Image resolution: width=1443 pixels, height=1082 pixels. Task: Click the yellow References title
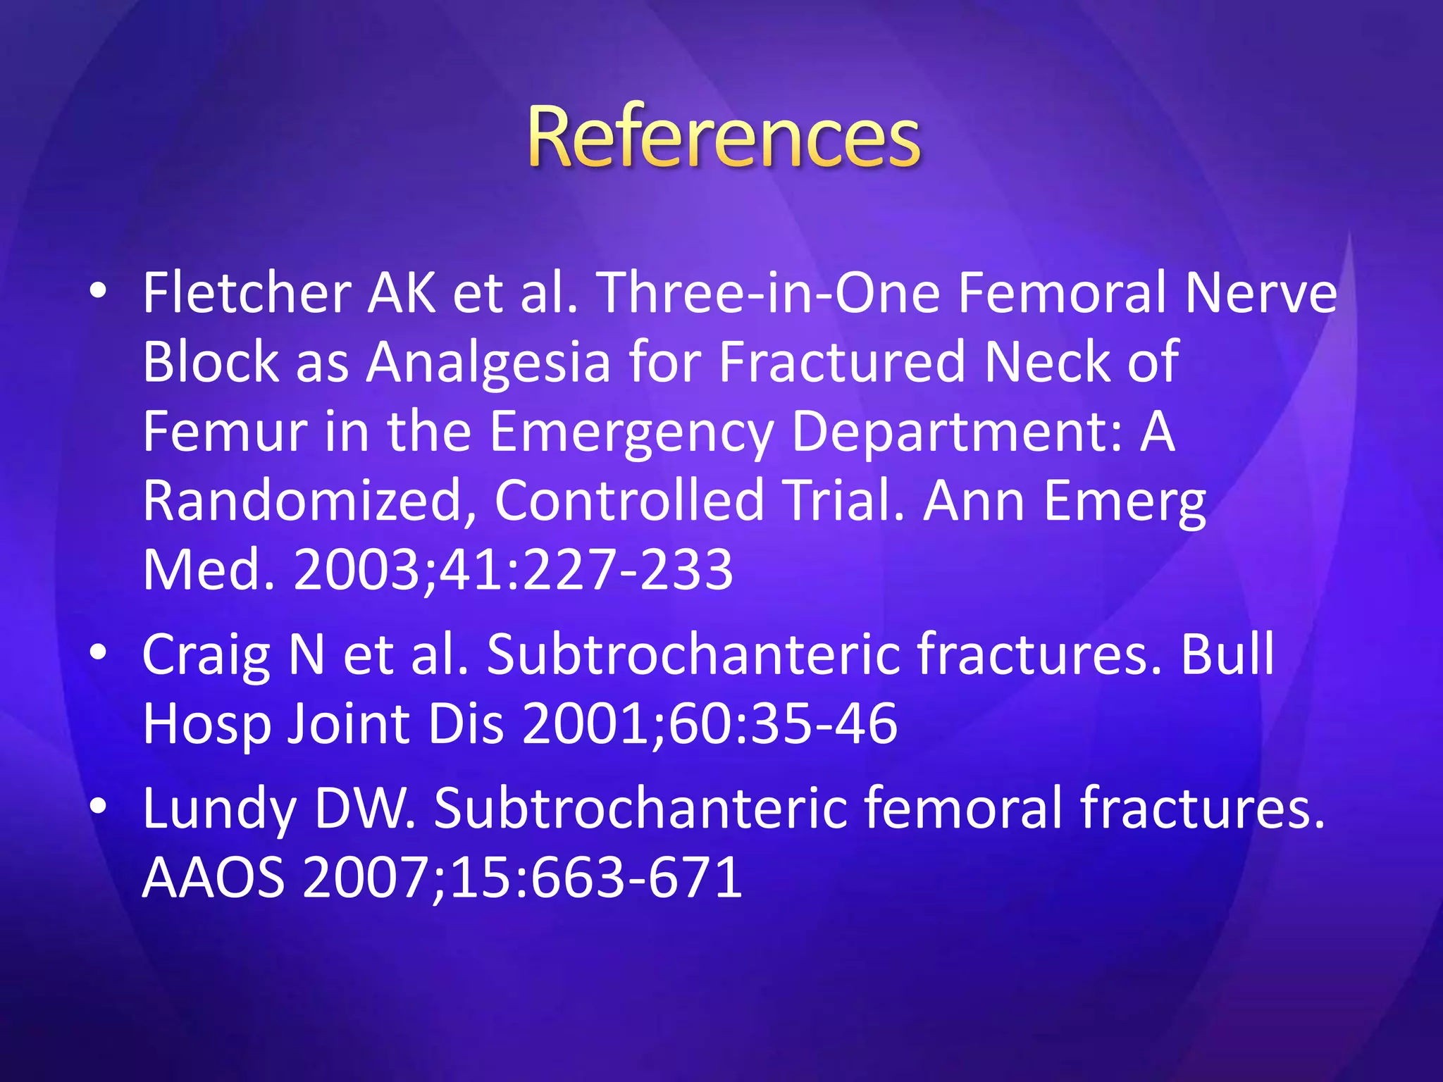[724, 137]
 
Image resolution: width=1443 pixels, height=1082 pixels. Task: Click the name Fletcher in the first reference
[247, 293]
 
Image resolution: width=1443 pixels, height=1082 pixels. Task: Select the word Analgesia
[488, 362]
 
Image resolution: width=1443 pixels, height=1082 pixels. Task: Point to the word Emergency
[631, 432]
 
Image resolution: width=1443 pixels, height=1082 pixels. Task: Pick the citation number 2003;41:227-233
[513, 570]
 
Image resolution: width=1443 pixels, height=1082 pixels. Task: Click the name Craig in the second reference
[206, 655]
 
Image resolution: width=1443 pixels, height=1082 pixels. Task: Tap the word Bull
[1227, 655]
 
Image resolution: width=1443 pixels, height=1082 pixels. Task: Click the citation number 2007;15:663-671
[522, 878]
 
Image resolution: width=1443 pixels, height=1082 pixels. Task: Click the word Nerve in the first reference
[1261, 293]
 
